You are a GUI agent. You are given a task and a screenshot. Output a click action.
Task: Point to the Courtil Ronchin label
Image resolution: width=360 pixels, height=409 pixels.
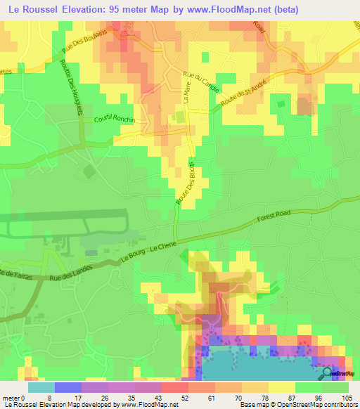(114, 119)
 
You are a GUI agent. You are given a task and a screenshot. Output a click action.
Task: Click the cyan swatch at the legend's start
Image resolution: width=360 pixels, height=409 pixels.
(41, 387)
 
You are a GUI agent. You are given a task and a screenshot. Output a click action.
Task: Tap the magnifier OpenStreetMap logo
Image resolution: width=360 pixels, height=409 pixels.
(327, 373)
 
